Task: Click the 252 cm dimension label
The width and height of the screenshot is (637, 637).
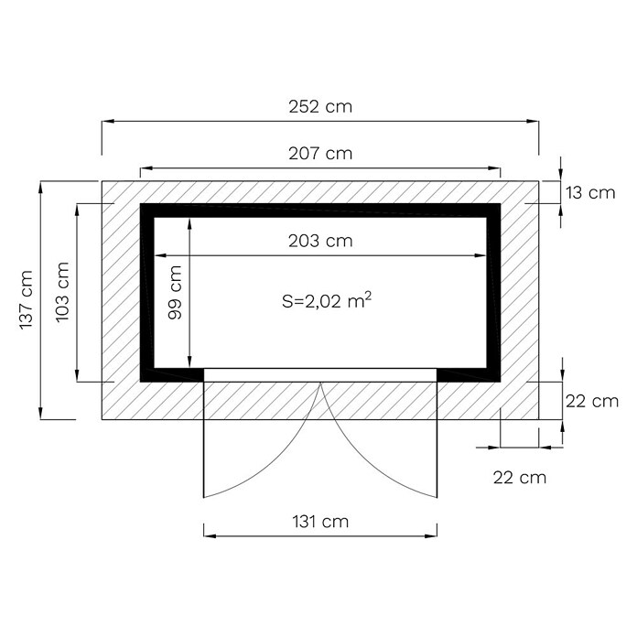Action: click(x=320, y=107)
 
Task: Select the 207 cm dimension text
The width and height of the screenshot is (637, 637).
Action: click(x=320, y=154)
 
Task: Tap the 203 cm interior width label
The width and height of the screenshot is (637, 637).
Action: click(x=320, y=242)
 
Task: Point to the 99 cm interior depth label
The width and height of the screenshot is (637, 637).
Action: click(x=175, y=292)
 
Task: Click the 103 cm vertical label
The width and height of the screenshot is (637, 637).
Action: click(x=62, y=293)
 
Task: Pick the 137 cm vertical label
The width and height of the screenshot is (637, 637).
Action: click(x=26, y=300)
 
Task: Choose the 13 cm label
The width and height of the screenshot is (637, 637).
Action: click(x=590, y=192)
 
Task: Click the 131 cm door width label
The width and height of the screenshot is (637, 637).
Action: click(x=320, y=522)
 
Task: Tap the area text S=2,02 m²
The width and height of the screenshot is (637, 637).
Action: click(x=327, y=301)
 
